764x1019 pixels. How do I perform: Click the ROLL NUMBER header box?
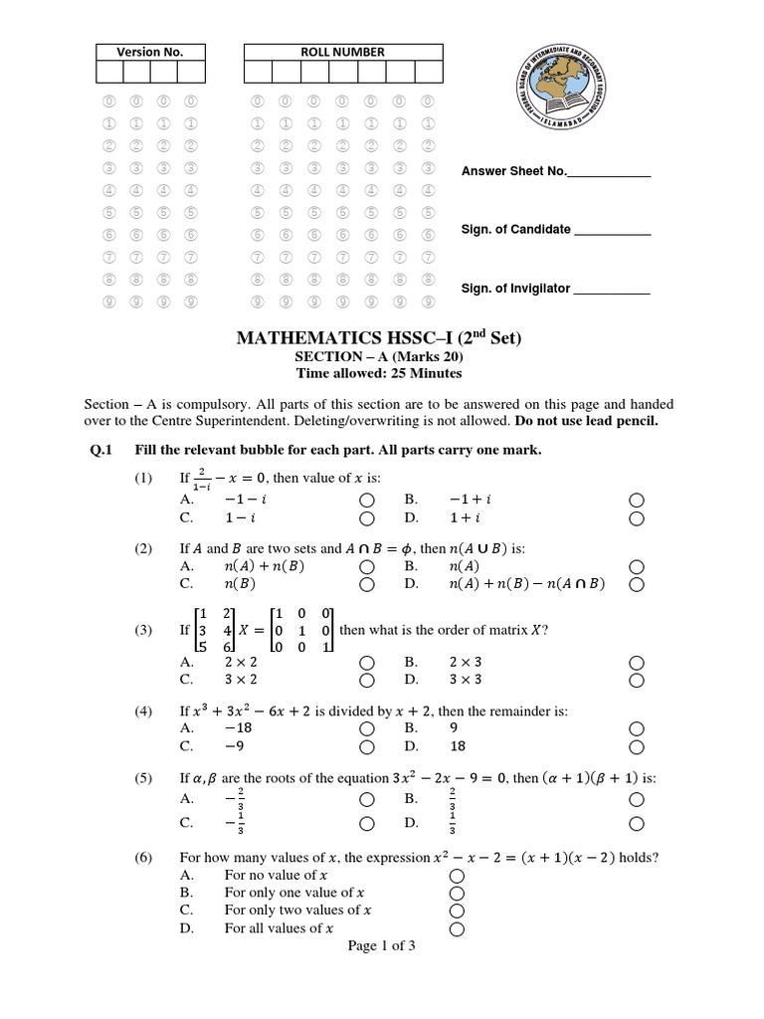(x=342, y=52)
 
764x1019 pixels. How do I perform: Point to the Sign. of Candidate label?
(x=515, y=229)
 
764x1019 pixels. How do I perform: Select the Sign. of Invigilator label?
(x=515, y=289)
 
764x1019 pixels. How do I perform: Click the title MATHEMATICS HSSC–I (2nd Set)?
(x=379, y=338)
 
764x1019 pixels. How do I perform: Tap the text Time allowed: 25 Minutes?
(x=379, y=374)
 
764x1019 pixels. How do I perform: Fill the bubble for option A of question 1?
(x=367, y=500)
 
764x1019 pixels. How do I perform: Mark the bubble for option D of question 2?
(x=637, y=584)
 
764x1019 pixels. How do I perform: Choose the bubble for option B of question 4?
(x=637, y=728)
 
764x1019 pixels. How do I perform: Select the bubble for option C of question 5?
(x=367, y=823)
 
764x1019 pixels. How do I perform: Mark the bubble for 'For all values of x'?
(x=458, y=929)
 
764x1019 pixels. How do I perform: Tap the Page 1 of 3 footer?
(x=381, y=946)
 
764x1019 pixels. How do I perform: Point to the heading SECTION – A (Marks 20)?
(x=379, y=357)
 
